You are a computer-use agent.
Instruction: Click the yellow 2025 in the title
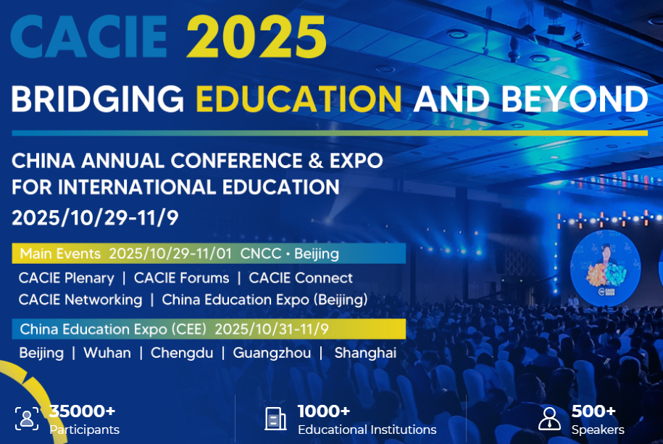257,37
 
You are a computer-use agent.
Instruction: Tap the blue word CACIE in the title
89,37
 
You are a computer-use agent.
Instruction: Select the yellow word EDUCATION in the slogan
299,99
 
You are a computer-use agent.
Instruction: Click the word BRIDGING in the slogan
98,99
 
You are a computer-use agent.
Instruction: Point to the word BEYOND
574,99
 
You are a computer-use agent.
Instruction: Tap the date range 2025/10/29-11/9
95,218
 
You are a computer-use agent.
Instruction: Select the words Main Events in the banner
60,254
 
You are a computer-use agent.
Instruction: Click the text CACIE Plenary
67,278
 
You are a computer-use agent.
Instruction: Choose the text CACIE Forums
181,278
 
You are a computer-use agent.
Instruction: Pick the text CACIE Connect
301,278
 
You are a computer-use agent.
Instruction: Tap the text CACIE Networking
80,300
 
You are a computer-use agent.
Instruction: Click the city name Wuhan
107,353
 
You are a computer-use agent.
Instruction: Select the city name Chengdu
182,353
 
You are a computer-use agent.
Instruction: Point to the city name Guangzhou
272,353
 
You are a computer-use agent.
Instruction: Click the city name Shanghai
365,353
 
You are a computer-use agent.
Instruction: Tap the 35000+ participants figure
82,411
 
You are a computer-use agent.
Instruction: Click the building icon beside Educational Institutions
275,419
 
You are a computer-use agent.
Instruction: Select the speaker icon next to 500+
550,419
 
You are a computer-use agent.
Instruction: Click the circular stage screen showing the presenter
605,268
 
